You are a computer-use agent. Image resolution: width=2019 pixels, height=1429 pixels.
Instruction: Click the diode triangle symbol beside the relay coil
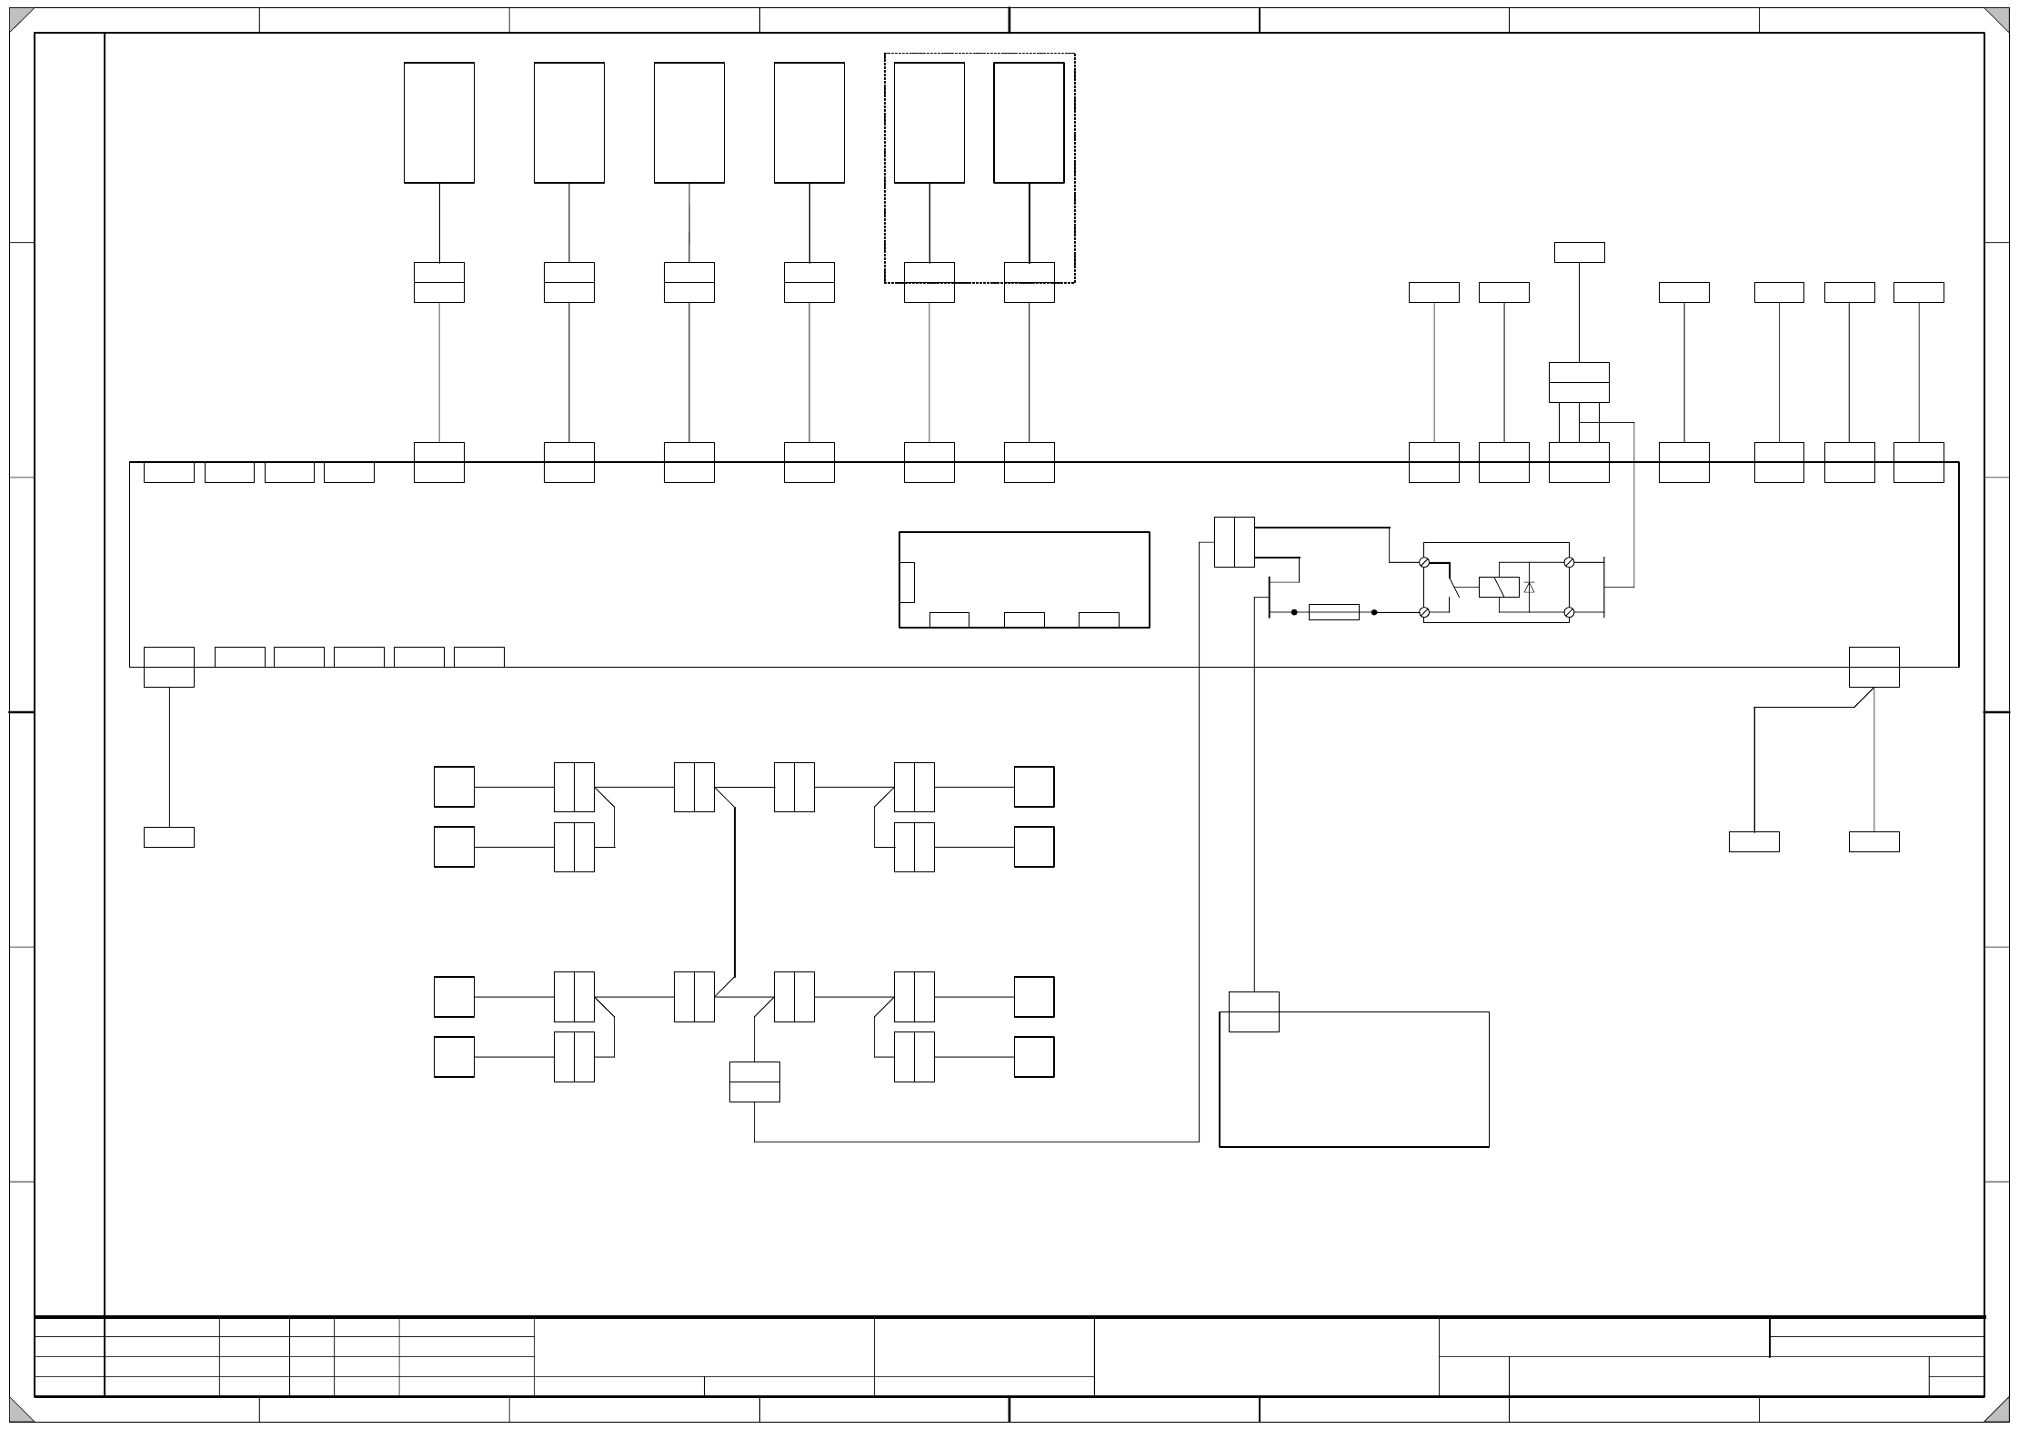coord(1530,588)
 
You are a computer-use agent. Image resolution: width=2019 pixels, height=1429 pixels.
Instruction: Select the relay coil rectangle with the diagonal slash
coord(1499,588)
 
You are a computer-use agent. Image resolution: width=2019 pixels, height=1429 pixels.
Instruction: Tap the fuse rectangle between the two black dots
coord(1333,612)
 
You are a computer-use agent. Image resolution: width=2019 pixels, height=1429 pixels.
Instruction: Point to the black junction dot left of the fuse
coord(1294,612)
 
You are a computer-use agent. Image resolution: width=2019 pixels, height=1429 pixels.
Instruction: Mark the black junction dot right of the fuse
coord(1374,612)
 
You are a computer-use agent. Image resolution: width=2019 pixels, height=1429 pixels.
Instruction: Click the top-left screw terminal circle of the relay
coord(1424,562)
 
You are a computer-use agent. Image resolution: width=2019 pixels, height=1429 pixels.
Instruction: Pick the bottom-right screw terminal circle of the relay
coord(1569,613)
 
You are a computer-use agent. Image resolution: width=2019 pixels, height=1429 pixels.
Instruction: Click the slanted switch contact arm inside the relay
coord(1453,585)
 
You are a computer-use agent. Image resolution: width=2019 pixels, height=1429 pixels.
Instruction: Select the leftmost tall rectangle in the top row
coord(439,123)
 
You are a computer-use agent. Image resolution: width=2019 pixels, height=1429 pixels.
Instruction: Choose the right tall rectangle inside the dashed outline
coord(1029,123)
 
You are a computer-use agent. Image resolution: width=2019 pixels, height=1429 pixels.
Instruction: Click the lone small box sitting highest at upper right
coord(1579,252)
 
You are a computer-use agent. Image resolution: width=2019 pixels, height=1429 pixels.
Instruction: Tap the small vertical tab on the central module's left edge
coord(907,582)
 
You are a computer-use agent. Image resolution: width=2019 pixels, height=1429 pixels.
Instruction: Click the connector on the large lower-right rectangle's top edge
coord(1253,1011)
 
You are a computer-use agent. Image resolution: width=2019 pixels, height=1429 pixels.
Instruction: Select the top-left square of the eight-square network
coord(454,787)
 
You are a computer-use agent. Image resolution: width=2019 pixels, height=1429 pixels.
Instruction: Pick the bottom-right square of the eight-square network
coord(1034,1057)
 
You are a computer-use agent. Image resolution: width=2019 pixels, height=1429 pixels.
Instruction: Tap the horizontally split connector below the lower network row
coord(754,1082)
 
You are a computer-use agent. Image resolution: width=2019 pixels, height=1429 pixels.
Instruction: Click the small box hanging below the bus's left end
coord(169,837)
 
